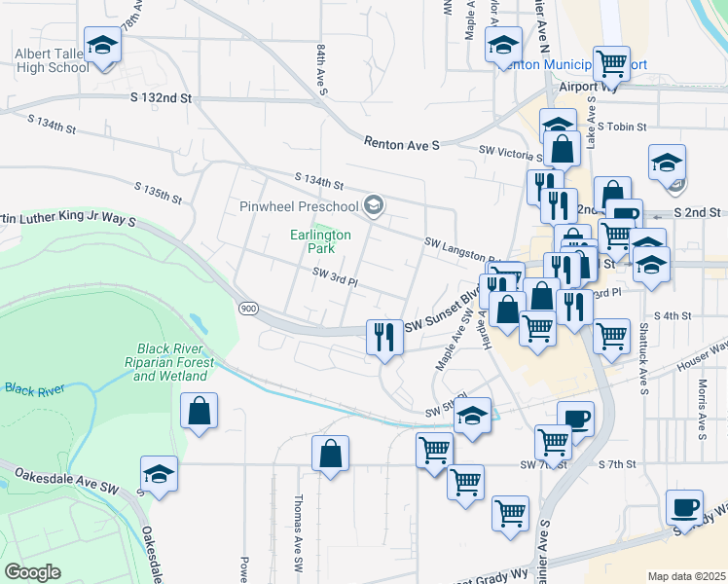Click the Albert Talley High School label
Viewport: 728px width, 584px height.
click(52, 60)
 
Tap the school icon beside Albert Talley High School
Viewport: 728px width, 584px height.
click(102, 46)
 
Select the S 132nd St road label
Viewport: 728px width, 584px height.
click(161, 98)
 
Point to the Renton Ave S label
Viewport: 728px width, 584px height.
click(402, 144)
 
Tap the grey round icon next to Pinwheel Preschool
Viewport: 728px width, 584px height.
click(373, 205)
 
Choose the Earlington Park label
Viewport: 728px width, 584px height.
click(320, 241)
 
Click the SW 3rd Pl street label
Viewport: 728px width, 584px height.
click(336, 279)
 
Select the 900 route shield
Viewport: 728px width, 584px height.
click(247, 308)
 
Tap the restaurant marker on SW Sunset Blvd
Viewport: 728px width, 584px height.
click(384, 337)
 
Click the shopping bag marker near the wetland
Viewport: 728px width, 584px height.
click(199, 412)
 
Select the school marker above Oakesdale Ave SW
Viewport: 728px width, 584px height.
click(159, 475)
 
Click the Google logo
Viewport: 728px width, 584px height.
click(33, 572)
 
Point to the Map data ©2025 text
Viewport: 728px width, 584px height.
click(685, 576)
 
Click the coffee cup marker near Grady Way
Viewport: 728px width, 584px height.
click(683, 508)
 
